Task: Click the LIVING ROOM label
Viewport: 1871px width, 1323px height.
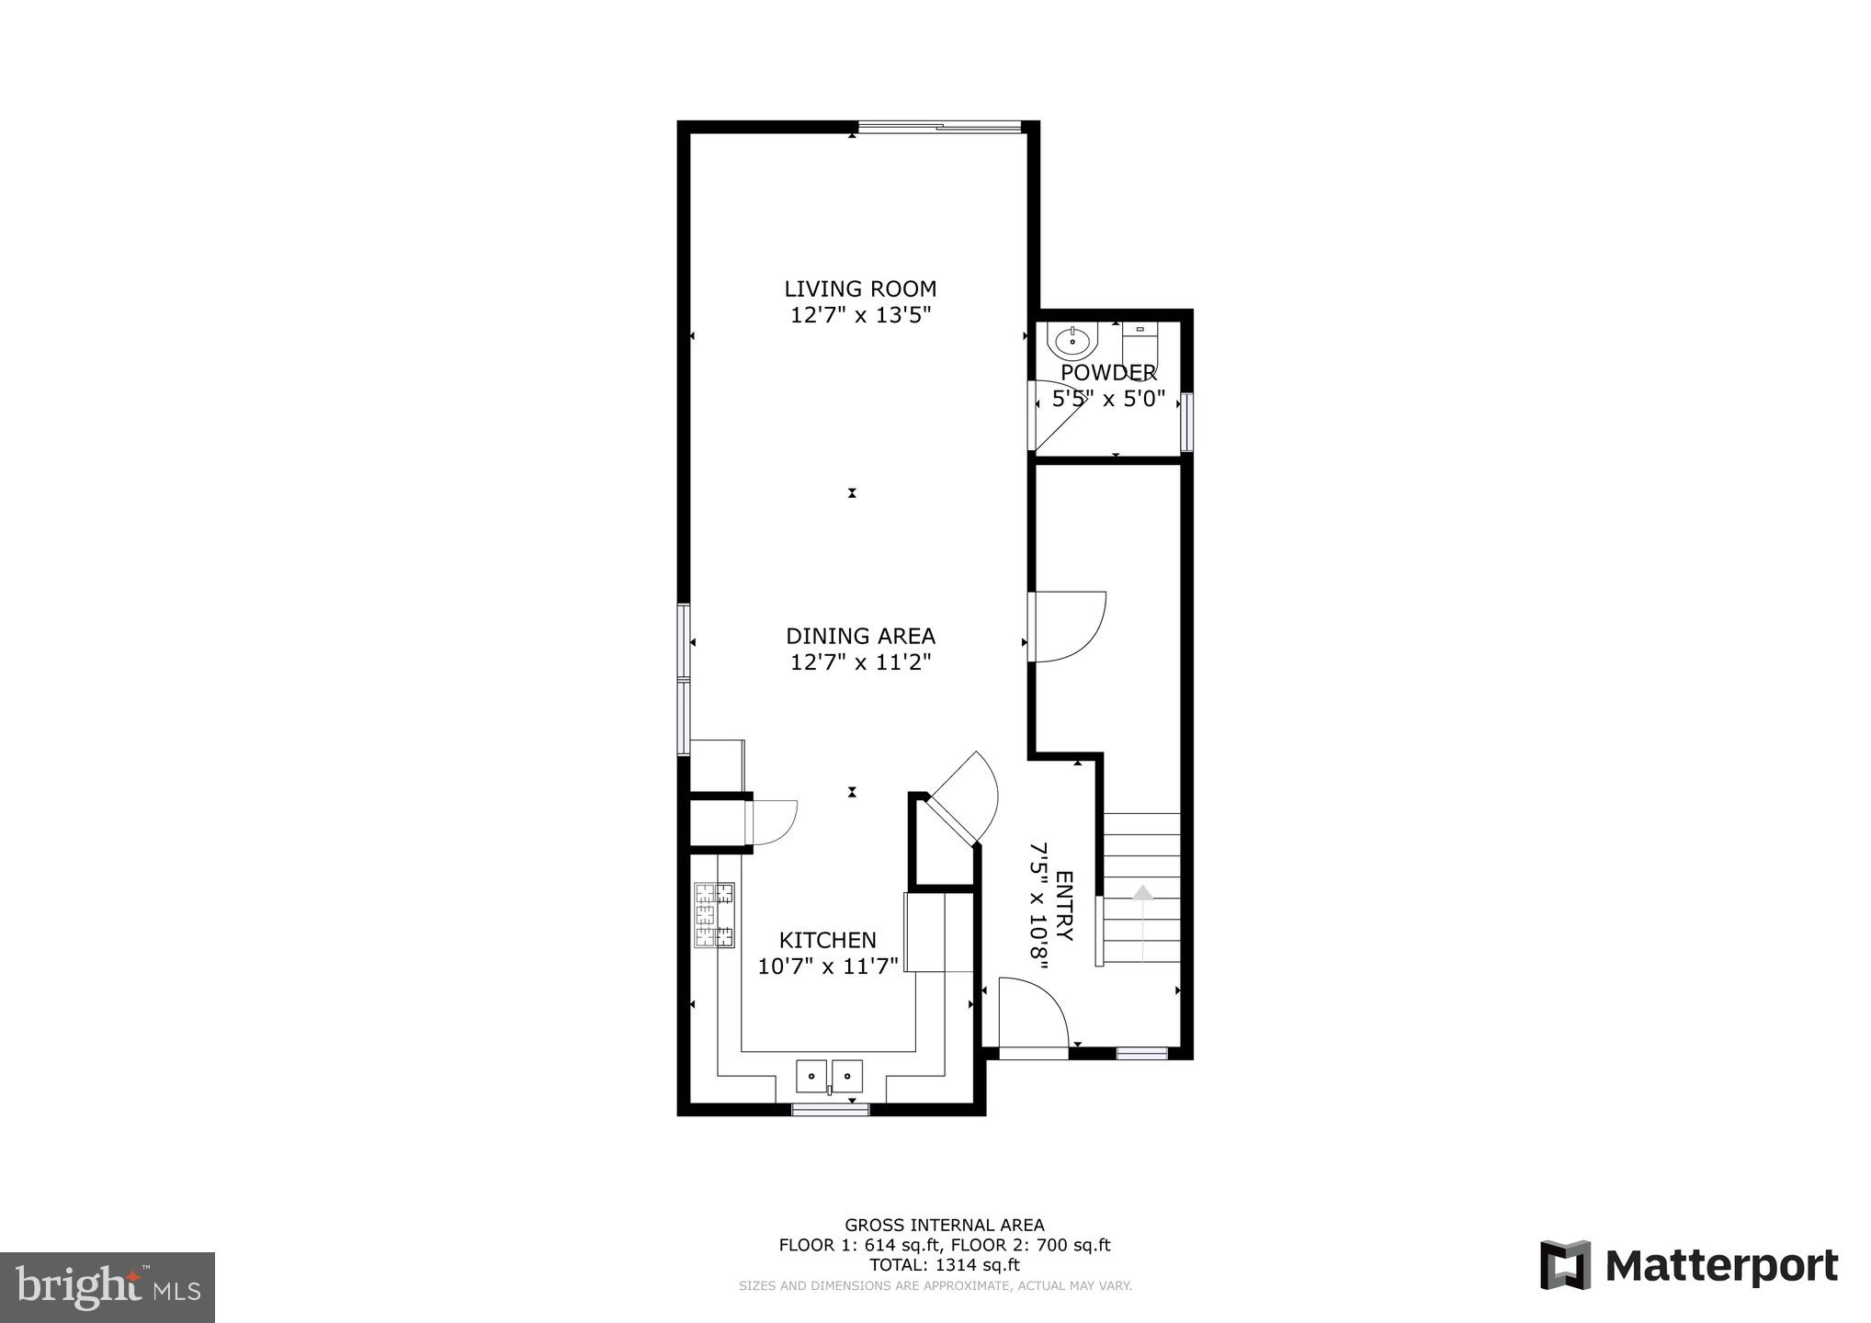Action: tap(859, 288)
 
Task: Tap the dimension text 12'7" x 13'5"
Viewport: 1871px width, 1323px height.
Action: tap(861, 315)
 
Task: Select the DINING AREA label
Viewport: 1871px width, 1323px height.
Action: tap(860, 636)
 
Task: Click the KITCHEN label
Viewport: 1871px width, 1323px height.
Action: tap(827, 940)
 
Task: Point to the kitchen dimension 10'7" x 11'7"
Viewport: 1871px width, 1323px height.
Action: tap(827, 967)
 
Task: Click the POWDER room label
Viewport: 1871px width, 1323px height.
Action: tap(1108, 373)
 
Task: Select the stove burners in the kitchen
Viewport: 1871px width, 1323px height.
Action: tap(714, 914)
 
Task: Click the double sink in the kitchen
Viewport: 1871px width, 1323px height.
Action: tap(829, 1075)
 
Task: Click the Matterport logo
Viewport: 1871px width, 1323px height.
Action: tap(1689, 1266)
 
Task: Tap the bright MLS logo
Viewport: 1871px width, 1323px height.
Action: tap(108, 1287)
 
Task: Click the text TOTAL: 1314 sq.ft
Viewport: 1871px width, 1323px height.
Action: tap(944, 1265)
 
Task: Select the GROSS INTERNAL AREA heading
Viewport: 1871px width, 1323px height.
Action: tap(944, 1225)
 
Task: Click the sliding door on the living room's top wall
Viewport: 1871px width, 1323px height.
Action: tap(939, 128)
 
